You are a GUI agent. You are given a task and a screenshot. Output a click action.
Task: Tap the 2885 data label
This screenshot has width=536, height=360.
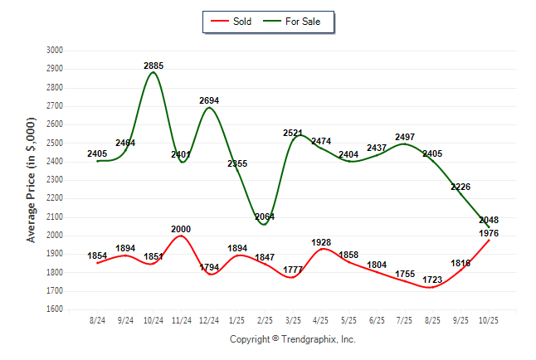coord(153,65)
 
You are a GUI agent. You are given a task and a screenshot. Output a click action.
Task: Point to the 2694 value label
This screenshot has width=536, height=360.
coord(210,100)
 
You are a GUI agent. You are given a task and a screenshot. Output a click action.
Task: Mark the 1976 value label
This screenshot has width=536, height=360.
coord(489,233)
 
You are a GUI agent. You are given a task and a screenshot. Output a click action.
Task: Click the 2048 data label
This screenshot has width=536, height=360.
coord(489,220)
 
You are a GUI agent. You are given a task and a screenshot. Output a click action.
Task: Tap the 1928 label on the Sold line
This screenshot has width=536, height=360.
coord(321,242)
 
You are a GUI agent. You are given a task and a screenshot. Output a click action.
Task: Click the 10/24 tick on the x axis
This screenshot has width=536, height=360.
coord(153,319)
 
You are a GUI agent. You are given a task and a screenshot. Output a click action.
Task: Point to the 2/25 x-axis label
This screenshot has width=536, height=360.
coord(265,319)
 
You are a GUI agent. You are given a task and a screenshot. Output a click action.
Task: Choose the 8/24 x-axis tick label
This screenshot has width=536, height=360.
coord(98,319)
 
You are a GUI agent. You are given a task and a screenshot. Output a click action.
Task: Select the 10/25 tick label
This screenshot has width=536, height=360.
coord(488,319)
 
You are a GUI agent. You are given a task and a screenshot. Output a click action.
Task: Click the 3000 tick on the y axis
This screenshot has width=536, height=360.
coord(54,51)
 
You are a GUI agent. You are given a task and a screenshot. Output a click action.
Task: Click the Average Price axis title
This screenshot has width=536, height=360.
coord(32,180)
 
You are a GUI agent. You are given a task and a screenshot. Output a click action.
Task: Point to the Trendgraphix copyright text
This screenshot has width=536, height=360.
coord(292,339)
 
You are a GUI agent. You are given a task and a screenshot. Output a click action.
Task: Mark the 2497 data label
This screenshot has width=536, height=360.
coord(405,137)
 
